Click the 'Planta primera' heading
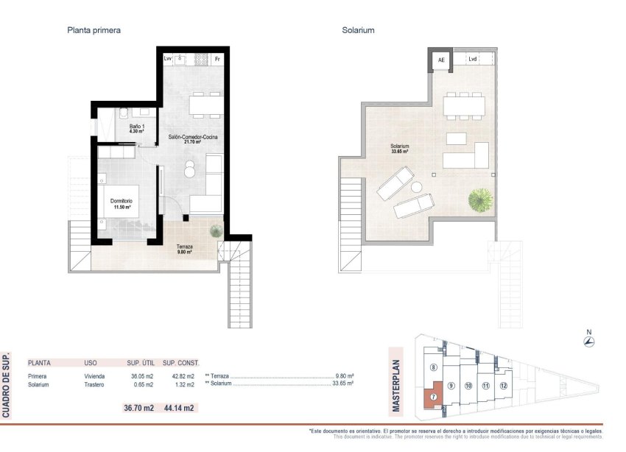click(x=94, y=31)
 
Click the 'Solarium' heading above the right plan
click(x=359, y=31)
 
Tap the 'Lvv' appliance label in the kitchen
click(x=168, y=58)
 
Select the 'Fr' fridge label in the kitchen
click(x=217, y=58)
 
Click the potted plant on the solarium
click(x=479, y=199)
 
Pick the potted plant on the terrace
click(x=215, y=231)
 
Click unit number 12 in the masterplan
click(x=503, y=385)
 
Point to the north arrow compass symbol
click(x=588, y=341)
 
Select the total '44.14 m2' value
click(x=177, y=408)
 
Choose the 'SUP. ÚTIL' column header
click(x=138, y=363)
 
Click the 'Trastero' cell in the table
click(x=94, y=385)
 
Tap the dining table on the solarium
click(x=464, y=106)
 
